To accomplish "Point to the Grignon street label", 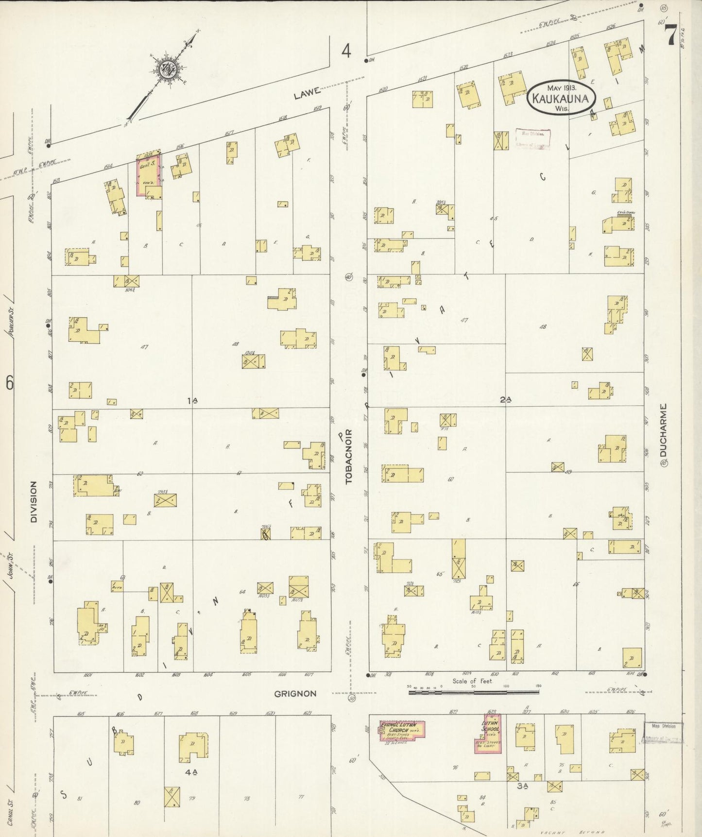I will [295, 694].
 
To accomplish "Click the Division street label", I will [34, 502].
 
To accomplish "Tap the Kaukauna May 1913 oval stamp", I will [561, 98].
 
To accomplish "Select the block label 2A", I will [505, 400].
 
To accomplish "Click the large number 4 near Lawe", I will [345, 51].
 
